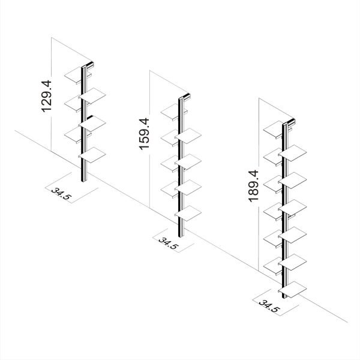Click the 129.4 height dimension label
pos(47,96)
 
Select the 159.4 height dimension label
pos(145,134)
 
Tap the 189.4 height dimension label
pos(254,186)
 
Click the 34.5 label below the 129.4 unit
pos(61,194)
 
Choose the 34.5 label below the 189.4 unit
pos(269,306)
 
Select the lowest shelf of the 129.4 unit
pos(92,155)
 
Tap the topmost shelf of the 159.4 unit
pos(170,112)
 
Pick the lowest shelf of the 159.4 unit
pos(188,213)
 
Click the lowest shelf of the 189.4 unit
pos(293,289)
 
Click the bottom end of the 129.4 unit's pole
pos(84,181)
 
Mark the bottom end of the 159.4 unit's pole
pos(181,236)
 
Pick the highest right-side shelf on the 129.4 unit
pos(92,95)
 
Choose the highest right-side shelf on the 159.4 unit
pos(188,136)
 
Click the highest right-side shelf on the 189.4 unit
pos(293,153)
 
